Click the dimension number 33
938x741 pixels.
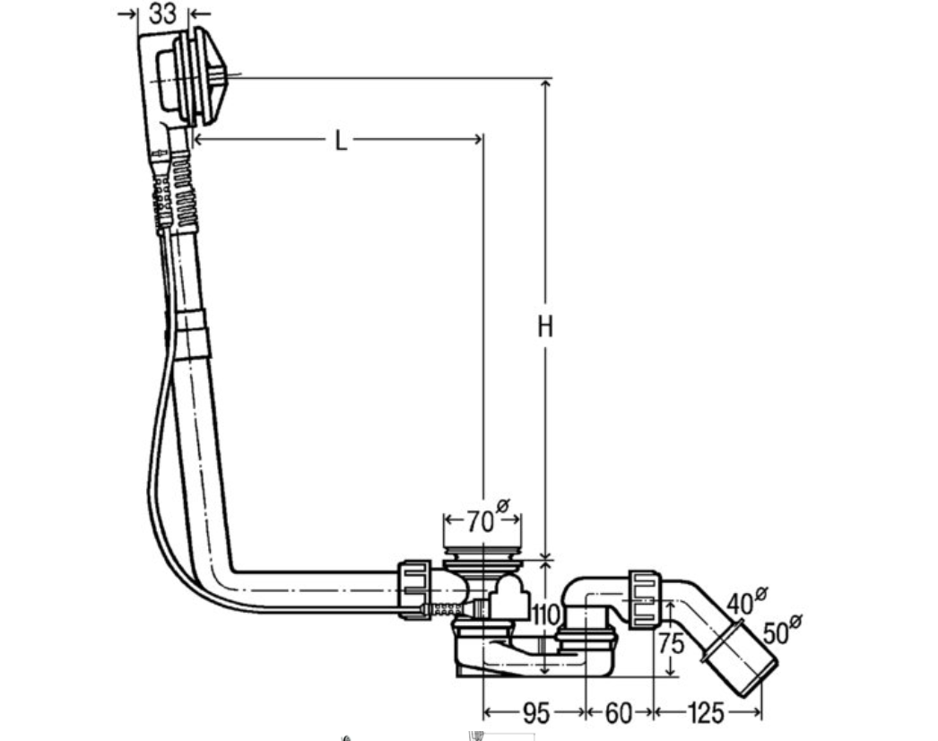click(162, 13)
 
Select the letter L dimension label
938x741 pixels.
click(341, 141)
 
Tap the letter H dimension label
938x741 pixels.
click(544, 327)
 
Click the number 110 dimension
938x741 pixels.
click(545, 615)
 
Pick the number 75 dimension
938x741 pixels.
click(671, 643)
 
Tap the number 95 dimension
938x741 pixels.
click(535, 713)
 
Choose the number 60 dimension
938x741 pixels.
click(618, 713)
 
